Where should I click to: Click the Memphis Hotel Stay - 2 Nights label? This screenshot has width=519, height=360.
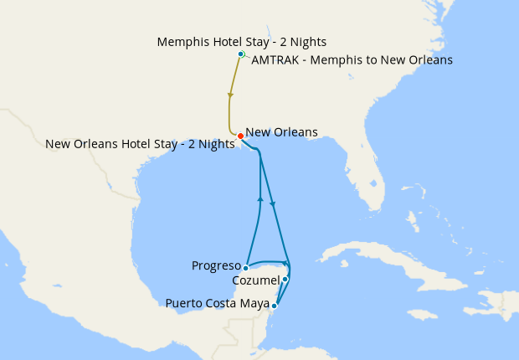241,42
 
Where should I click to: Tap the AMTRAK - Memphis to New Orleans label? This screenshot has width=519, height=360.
352,60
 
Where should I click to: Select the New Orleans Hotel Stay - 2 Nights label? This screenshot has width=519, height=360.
140,144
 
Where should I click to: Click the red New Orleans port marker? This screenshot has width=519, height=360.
240,136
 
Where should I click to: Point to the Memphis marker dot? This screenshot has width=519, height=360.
241,54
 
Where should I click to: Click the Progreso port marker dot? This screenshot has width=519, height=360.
245,268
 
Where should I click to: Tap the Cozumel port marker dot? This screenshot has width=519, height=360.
285,279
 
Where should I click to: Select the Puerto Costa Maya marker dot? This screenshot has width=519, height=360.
275,306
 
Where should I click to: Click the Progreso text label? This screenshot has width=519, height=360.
216,266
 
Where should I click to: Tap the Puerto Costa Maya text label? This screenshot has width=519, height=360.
218,303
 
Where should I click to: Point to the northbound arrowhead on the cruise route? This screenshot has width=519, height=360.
260,199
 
